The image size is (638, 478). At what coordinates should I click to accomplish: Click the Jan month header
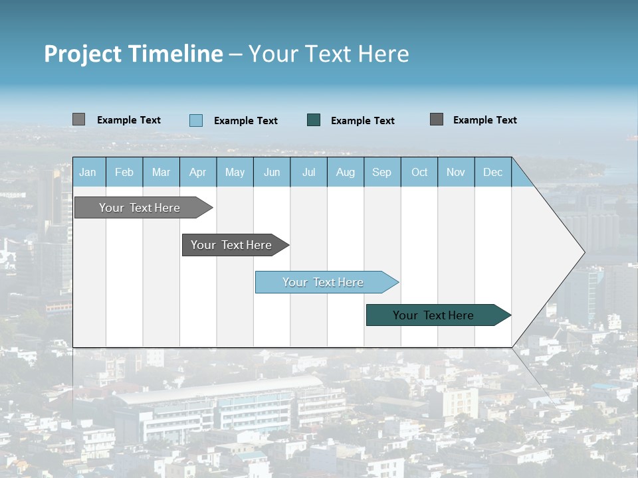[88, 173]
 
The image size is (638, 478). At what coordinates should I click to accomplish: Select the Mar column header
[161, 173]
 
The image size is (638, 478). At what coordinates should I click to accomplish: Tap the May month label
[235, 173]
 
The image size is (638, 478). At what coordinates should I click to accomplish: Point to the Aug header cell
[345, 173]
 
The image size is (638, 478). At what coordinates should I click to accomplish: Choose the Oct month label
[419, 173]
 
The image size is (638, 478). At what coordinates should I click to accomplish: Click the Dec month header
[492, 173]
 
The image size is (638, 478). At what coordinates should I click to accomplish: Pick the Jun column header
[272, 173]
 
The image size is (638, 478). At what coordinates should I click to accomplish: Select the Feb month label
[124, 173]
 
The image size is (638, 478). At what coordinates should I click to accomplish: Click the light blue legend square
[196, 120]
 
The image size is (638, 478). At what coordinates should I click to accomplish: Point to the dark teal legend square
[314, 120]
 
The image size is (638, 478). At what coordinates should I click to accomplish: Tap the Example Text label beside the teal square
[362, 121]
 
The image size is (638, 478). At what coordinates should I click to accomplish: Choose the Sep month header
[381, 173]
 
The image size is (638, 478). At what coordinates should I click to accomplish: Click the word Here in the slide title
[383, 54]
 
